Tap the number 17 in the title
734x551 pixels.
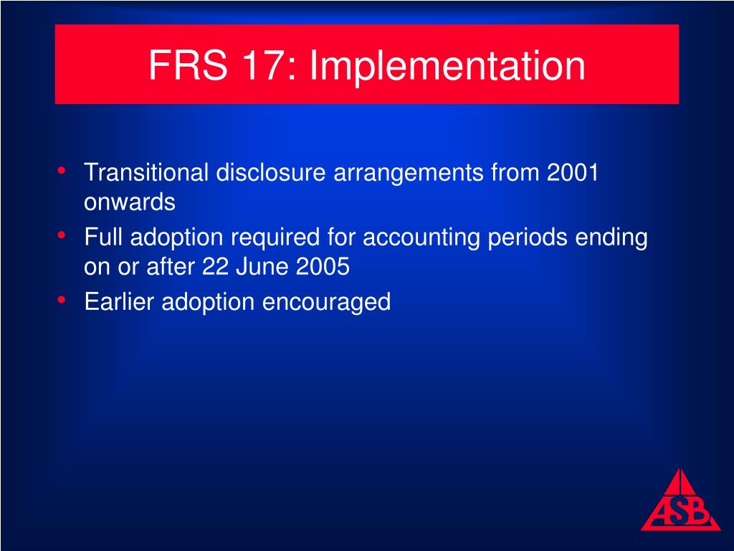point(262,65)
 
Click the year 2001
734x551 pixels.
point(571,173)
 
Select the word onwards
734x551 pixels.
point(130,203)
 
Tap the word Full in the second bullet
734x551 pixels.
point(104,237)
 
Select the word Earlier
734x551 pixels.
point(120,301)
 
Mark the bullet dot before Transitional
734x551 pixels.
point(62,171)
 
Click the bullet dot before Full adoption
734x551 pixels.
point(62,235)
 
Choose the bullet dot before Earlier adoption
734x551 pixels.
point(62,299)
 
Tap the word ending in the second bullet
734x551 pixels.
point(613,237)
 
